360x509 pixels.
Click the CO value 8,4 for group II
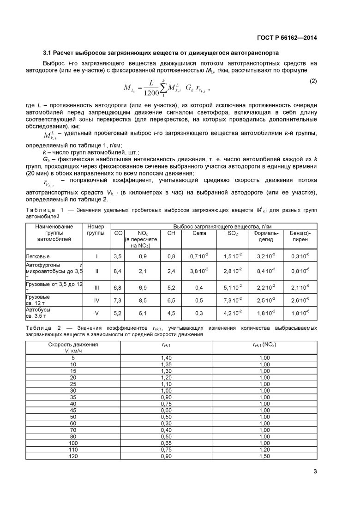tap(117, 271)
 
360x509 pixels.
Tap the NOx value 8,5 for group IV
tap(143, 300)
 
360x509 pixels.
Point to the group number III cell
tap(96, 287)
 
